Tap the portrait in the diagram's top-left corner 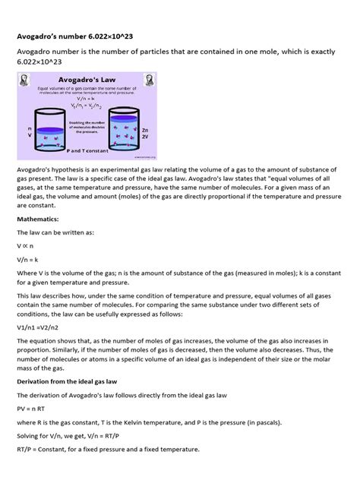point(26,82)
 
